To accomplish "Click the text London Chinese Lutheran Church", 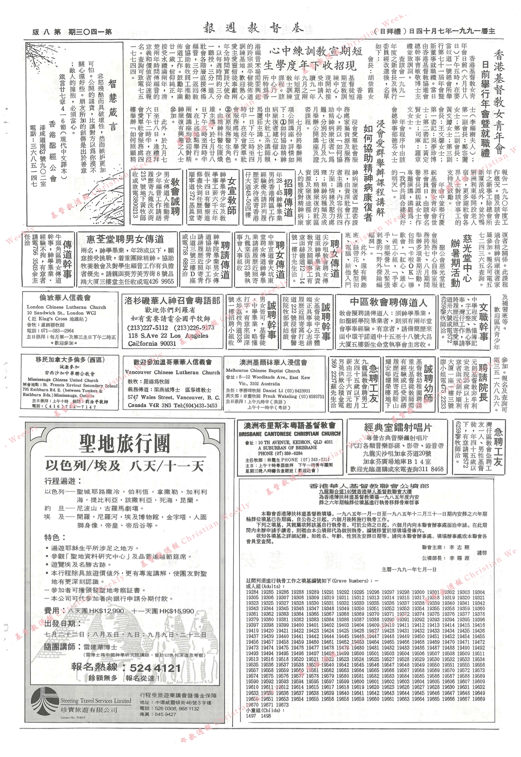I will pos(66,307).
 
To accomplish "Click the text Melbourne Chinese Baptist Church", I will pos(263,371).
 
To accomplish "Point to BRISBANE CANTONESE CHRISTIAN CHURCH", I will pos(289,434).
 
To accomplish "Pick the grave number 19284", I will pos(252,592).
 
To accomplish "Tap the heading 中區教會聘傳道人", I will pos(388,303).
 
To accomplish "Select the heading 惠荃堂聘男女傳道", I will pos(125,239).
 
